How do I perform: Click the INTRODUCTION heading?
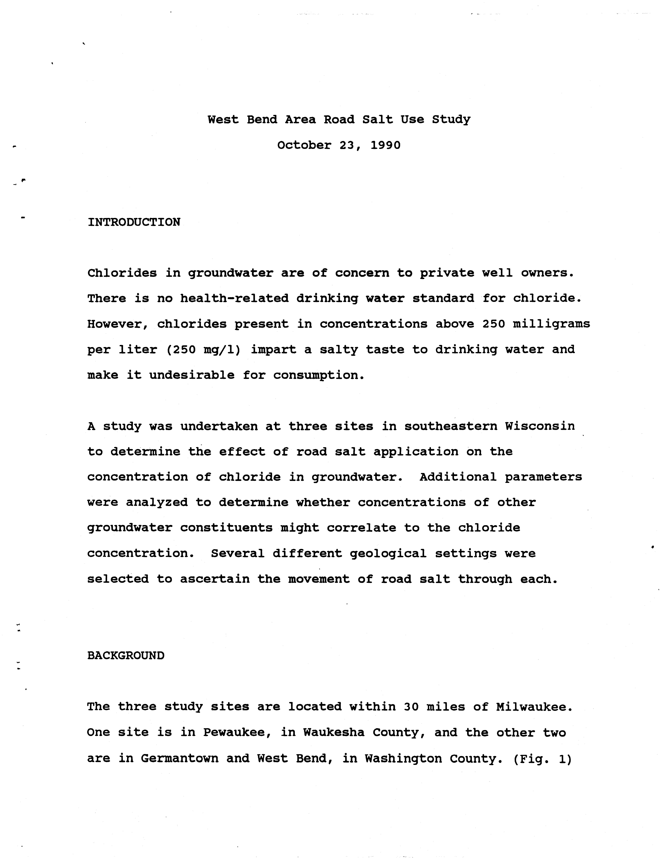[134, 222]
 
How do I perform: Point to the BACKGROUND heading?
[126, 656]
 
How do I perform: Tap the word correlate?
[362, 528]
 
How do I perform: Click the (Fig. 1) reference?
[542, 759]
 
